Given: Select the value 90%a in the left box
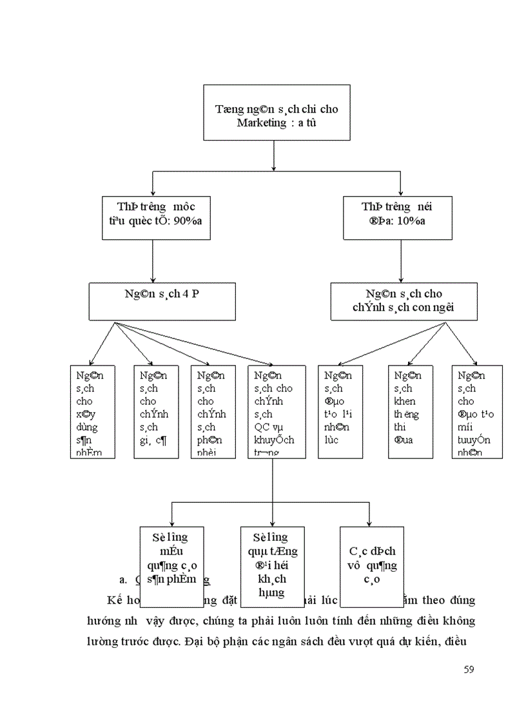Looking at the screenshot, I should [x=194, y=221].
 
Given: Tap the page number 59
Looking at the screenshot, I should [x=469, y=669].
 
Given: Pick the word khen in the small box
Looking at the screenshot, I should [x=405, y=402].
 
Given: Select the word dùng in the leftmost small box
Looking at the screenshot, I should [x=86, y=427].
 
